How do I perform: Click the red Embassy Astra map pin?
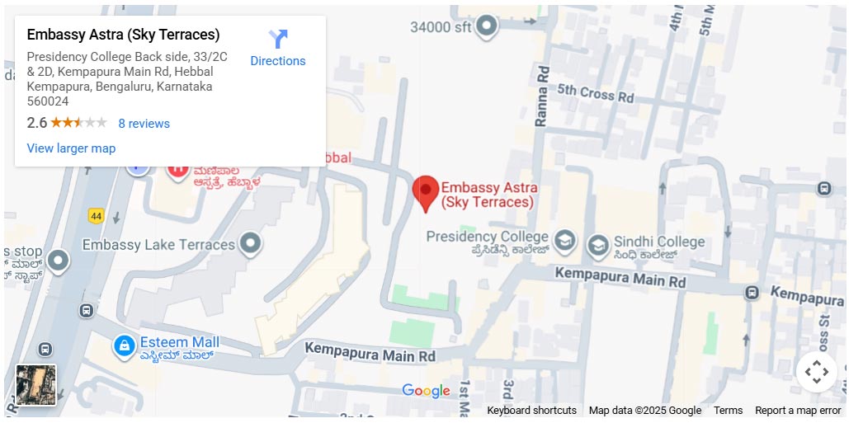click(x=426, y=191)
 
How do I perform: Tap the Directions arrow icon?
click(x=278, y=39)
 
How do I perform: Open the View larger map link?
click(x=71, y=148)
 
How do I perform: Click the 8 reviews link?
click(x=144, y=124)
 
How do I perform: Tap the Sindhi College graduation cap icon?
click(x=598, y=245)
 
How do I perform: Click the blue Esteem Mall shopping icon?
click(x=125, y=345)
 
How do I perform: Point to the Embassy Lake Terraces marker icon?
click(x=250, y=243)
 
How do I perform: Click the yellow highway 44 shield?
click(x=97, y=216)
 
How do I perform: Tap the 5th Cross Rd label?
click(x=595, y=92)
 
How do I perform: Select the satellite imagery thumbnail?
click(x=36, y=385)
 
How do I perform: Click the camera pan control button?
click(x=816, y=372)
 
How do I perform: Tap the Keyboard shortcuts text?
click(x=531, y=411)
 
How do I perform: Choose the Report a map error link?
click(x=798, y=411)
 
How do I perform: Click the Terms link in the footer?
click(x=728, y=411)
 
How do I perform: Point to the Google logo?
click(x=426, y=391)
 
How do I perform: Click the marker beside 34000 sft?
click(x=488, y=26)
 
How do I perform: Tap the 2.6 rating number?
click(x=37, y=124)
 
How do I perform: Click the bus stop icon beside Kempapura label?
click(x=752, y=293)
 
